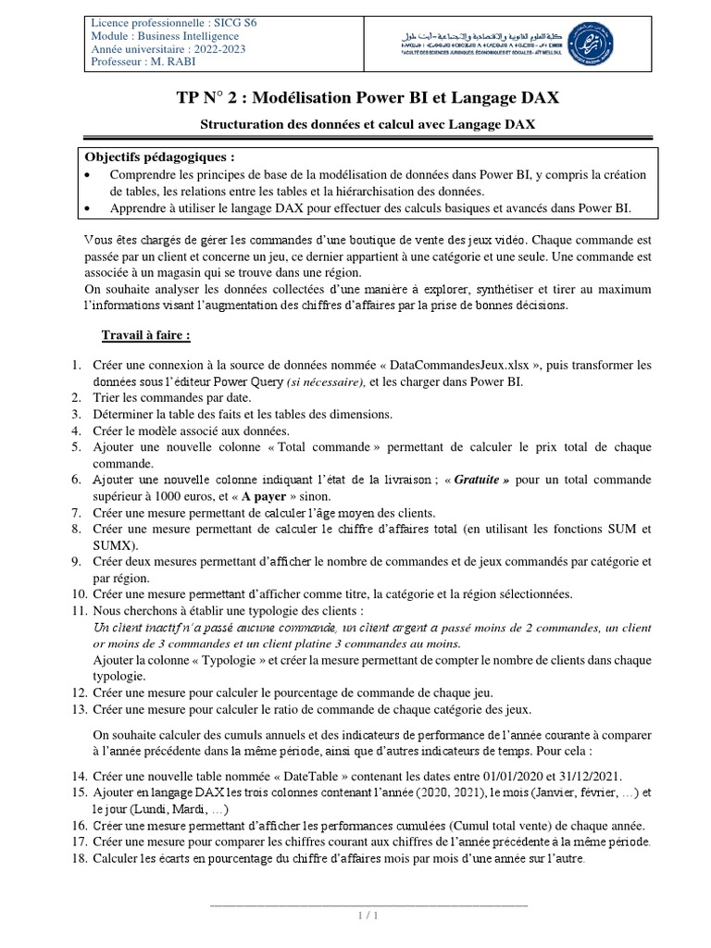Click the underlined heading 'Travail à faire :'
146,334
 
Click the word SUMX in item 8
115,545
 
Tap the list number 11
78,611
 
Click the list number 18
78,857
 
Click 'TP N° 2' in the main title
212,99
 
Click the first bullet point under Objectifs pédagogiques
87,175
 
